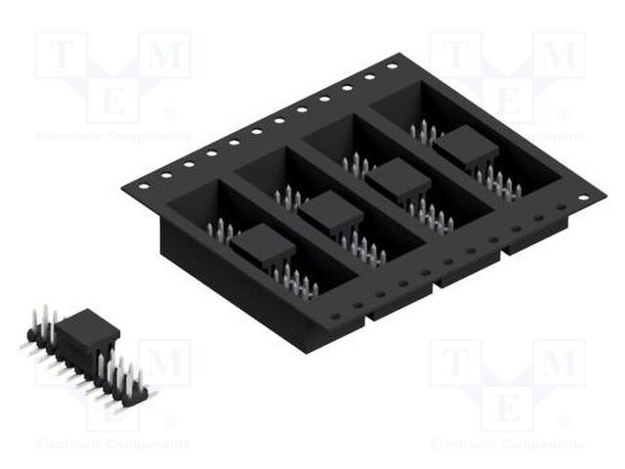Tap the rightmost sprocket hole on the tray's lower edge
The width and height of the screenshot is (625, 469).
pos(583,198)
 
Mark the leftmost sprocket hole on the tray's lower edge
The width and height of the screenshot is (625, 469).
pos(334,317)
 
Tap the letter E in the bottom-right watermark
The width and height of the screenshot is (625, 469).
pos(508,406)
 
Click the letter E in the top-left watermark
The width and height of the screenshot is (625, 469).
pos(112,100)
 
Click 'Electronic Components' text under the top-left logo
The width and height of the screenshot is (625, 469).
pos(112,136)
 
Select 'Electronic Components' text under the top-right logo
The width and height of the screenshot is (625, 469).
pos(508,136)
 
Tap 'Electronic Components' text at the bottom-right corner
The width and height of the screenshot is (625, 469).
pos(508,444)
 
